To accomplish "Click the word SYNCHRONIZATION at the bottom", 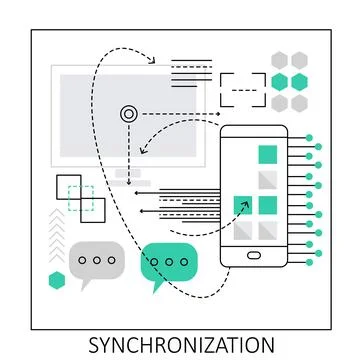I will tap(180, 345).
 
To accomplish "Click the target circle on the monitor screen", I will tap(128, 114).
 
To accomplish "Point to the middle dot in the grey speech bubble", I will tap(97, 260).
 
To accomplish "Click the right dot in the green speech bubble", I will tap(183, 262).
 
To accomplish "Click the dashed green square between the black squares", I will tap(81, 197).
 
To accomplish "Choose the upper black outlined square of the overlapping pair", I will tap(68, 186).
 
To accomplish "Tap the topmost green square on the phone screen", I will tap(266, 154).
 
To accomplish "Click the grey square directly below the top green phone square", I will tap(266, 179).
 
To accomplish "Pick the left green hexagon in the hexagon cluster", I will tap(280, 81).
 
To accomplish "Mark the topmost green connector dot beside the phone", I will tap(320, 138).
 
